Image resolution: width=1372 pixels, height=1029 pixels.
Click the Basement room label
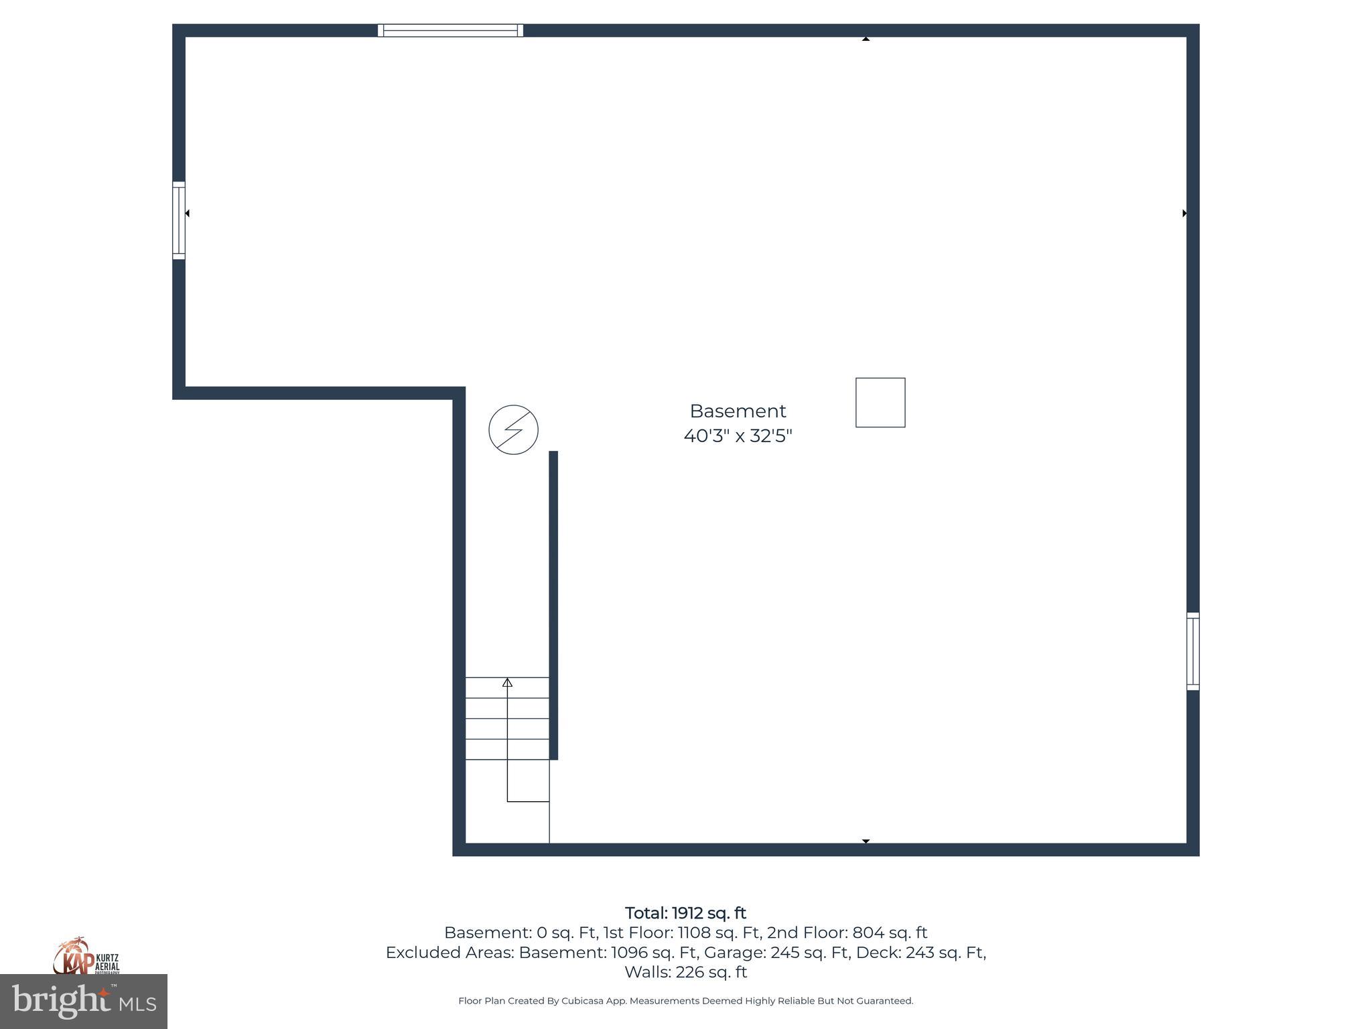tap(738, 411)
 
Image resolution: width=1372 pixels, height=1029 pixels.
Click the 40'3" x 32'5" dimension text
tap(738, 436)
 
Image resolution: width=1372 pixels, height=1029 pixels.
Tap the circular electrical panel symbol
tap(513, 429)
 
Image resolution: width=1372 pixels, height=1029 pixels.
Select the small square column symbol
tap(880, 403)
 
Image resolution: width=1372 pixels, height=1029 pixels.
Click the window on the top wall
tap(450, 30)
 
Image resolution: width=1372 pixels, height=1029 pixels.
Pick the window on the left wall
tap(179, 220)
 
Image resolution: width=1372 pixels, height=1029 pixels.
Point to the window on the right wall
tap(1192, 651)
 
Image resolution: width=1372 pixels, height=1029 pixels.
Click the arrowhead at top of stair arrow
tap(507, 683)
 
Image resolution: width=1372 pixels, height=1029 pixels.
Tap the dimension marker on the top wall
tap(866, 39)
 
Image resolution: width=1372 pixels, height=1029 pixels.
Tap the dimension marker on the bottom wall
tap(866, 841)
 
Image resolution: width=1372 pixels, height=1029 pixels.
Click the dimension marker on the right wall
tap(1184, 213)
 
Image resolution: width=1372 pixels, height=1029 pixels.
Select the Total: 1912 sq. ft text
tap(685, 913)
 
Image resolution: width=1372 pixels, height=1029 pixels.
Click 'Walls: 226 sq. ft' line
tap(685, 971)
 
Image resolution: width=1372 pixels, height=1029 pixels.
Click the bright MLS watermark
tap(84, 1001)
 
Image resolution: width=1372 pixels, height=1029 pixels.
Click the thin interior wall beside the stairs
tap(553, 603)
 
